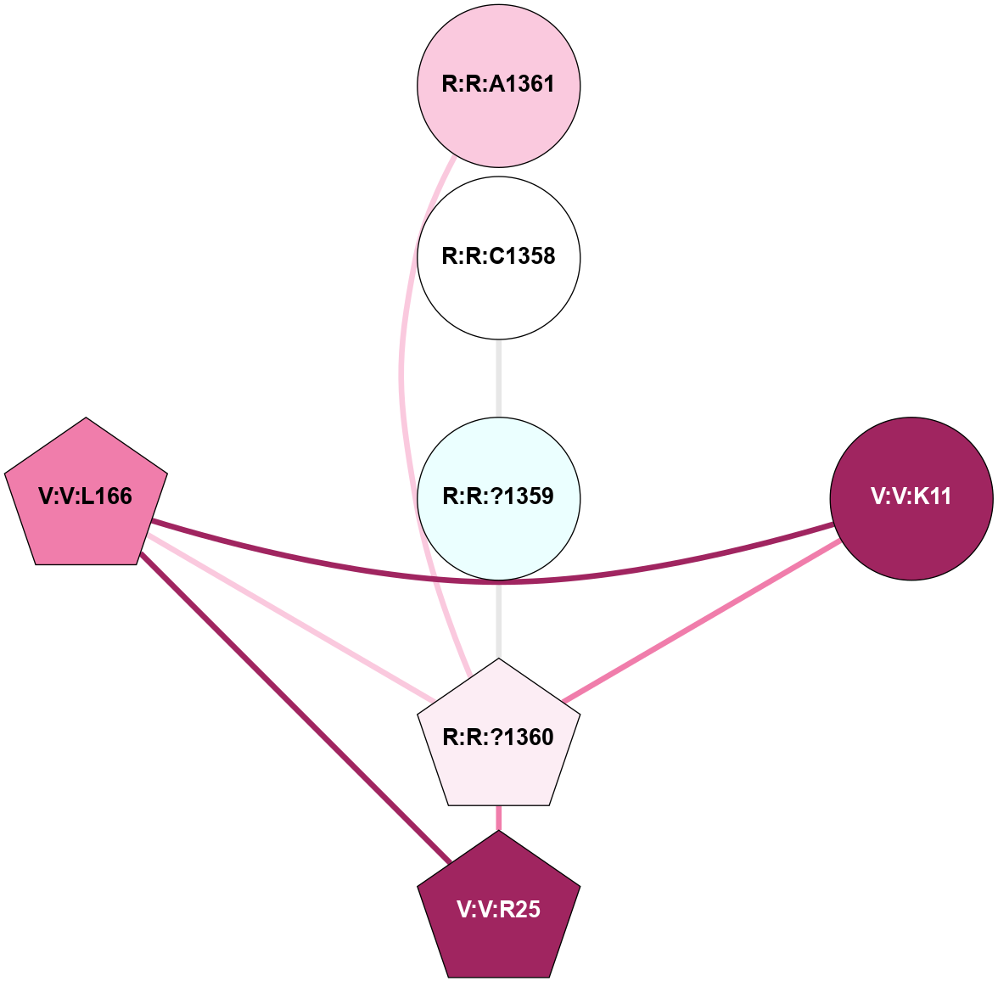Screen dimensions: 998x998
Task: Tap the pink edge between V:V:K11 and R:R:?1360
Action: (x=704, y=620)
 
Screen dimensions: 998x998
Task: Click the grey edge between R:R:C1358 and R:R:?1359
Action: (x=499, y=378)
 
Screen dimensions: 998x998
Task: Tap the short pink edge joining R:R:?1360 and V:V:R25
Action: (x=499, y=817)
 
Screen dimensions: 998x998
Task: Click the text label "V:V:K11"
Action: (x=911, y=497)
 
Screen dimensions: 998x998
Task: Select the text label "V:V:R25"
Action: (x=499, y=910)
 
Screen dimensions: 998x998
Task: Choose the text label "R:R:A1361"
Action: (x=499, y=84)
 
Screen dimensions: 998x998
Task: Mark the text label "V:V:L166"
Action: (x=86, y=496)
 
